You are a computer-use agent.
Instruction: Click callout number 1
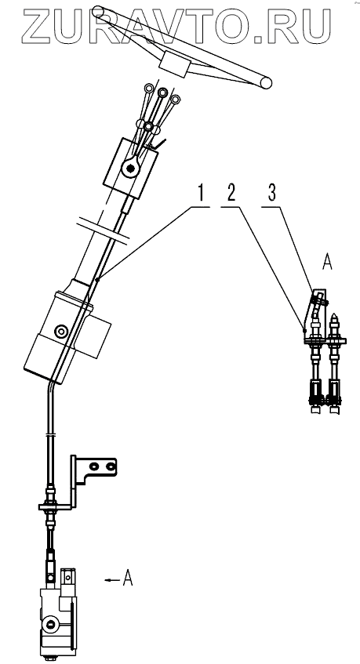[200, 193]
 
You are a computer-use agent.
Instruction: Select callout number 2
[231, 193]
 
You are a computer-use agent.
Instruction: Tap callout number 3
[272, 193]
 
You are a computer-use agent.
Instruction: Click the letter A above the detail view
[327, 263]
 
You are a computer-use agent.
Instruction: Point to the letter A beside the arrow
[128, 578]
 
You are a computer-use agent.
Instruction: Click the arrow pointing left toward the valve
[112, 580]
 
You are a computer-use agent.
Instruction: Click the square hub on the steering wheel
[173, 64]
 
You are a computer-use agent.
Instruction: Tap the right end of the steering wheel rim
[266, 83]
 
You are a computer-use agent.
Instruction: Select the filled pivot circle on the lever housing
[129, 169]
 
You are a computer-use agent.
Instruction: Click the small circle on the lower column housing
[62, 330]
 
